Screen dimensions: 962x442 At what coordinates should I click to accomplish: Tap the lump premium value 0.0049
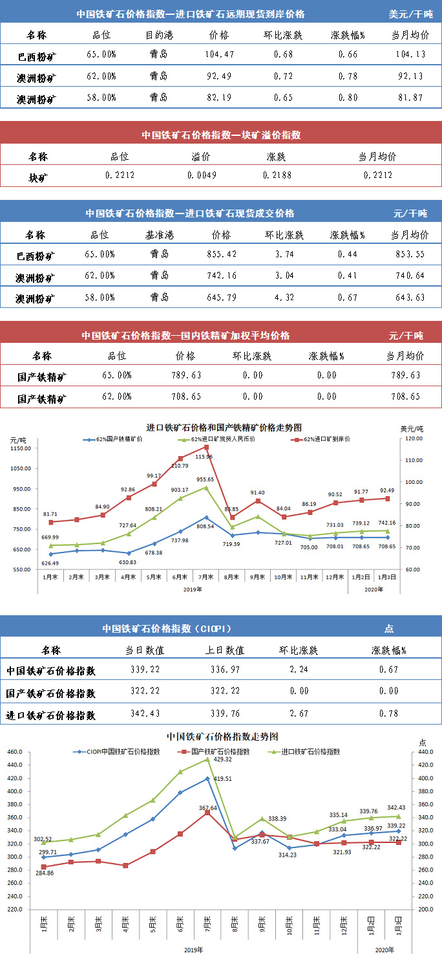point(202,175)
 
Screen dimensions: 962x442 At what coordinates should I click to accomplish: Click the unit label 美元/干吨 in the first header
point(410,14)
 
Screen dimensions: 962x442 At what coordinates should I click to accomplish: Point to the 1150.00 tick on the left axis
point(21,448)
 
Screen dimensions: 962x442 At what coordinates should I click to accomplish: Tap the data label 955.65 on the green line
point(205,479)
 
